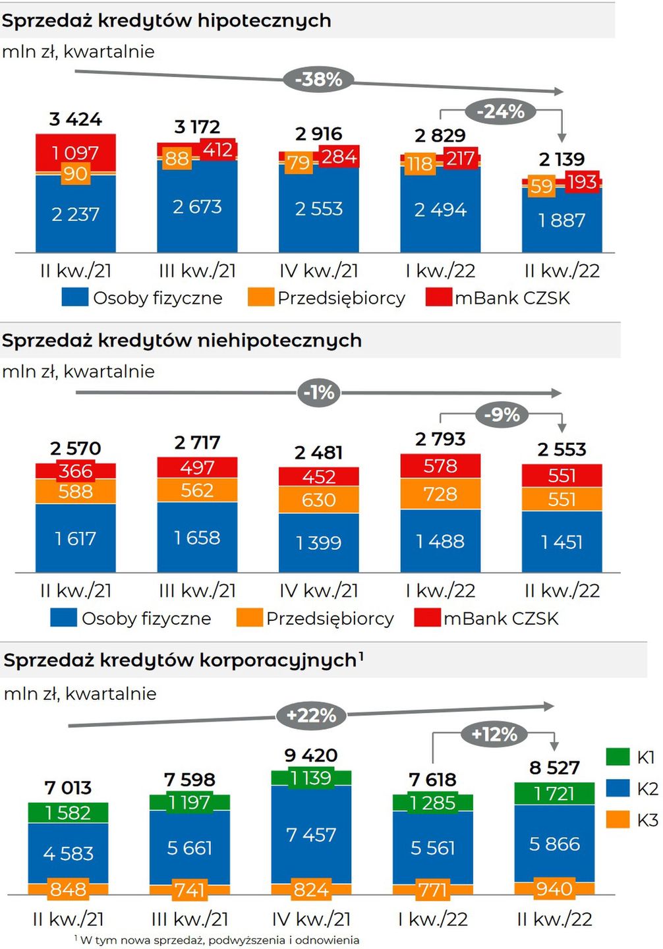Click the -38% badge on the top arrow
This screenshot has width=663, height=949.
[319, 80]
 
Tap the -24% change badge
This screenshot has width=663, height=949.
[500, 111]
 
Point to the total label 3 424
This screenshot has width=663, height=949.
[75, 119]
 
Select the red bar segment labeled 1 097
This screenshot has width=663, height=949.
[75, 152]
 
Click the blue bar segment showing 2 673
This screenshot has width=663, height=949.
[196, 207]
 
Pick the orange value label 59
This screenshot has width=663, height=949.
[541, 187]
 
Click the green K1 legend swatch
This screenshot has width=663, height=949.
[618, 757]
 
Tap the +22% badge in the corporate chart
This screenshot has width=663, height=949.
[311, 715]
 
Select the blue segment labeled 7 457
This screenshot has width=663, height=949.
[311, 835]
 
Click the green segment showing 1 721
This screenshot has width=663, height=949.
[554, 793]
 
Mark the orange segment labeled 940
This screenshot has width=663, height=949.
[554, 889]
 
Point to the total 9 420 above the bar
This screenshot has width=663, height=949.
[311, 755]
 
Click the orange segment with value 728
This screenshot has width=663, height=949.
[440, 494]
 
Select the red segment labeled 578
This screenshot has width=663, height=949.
[440, 466]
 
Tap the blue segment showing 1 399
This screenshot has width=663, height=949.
[318, 542]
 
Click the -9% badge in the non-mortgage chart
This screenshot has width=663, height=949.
[502, 415]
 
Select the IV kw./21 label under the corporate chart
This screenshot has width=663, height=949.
[311, 919]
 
